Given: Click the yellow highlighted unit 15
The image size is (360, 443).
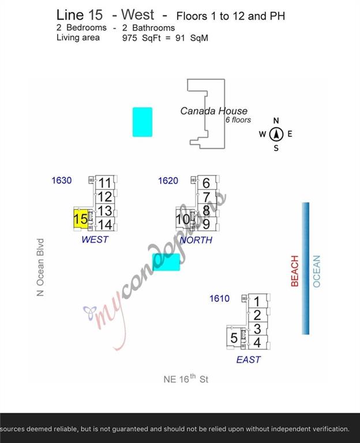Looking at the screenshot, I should click(81, 219).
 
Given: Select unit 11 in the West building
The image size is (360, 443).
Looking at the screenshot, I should click(105, 183).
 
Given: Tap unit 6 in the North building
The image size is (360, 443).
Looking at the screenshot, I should click(207, 183).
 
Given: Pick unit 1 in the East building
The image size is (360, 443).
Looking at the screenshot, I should click(257, 301).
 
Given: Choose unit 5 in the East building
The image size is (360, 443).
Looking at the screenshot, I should click(234, 338).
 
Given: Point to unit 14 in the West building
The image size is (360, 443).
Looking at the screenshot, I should click(105, 225).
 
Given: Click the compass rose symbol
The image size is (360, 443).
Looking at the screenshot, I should click(276, 134).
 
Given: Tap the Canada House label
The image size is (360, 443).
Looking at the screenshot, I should click(213, 111).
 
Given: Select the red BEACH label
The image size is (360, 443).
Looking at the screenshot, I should click(295, 271).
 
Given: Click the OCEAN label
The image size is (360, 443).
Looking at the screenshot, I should click(316, 271).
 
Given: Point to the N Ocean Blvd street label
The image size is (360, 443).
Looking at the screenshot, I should click(40, 267).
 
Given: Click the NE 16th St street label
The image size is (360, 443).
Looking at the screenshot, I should click(186, 379).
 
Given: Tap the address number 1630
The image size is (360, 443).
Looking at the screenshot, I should click(62, 181).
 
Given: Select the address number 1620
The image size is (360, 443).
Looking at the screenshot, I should click(168, 181).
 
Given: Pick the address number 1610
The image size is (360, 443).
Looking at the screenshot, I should click(219, 298).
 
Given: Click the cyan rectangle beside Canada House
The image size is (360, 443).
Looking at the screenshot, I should click(142, 122).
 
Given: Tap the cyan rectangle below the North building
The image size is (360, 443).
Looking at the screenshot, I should click(166, 262).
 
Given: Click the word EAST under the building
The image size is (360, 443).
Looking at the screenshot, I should click(249, 359).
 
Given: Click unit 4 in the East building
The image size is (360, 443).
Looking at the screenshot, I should click(257, 343).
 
